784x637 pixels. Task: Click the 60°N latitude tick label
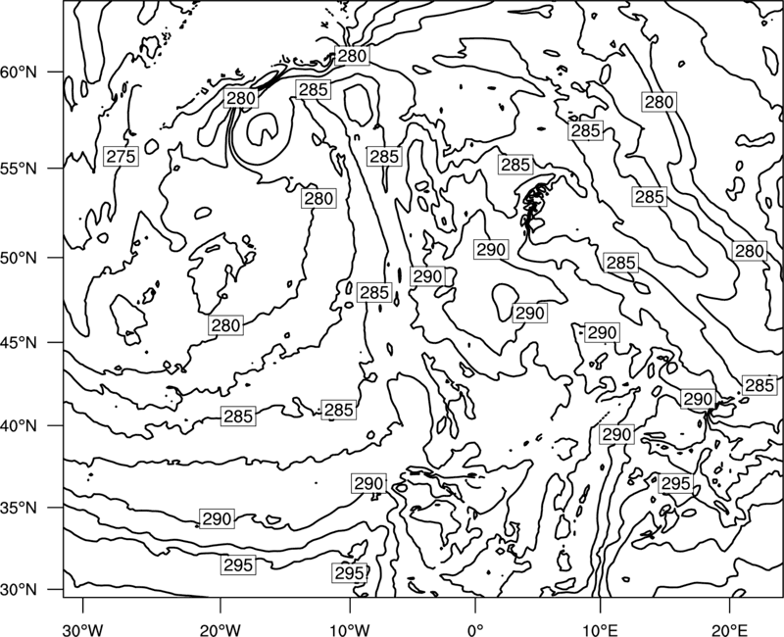pyautogui.click(x=19, y=73)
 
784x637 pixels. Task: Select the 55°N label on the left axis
pyautogui.click(x=19, y=169)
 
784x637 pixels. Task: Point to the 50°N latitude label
pyautogui.click(x=19, y=259)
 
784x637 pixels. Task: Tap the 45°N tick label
pyautogui.click(x=19, y=343)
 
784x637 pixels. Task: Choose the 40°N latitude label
pyautogui.click(x=19, y=426)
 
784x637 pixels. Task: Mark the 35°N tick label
pyautogui.click(x=19, y=509)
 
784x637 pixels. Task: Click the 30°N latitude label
pyautogui.click(x=19, y=590)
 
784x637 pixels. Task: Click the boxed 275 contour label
pyautogui.click(x=121, y=157)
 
